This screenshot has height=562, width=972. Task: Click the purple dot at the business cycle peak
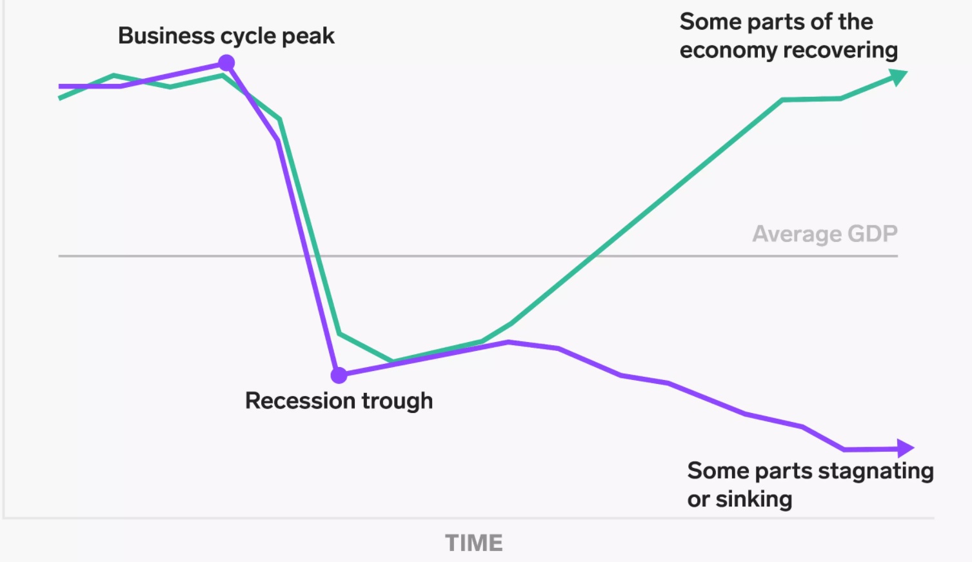coord(226,63)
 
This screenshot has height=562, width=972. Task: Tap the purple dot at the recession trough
coord(339,375)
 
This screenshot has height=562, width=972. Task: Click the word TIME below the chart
coord(474,543)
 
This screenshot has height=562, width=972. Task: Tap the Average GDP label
coord(825,234)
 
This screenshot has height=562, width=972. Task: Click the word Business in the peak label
coord(166,35)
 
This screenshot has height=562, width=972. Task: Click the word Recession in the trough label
coord(300,400)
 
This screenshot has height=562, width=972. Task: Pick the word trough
coord(397,401)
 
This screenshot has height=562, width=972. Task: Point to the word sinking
coord(754,499)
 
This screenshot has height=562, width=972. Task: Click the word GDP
coord(873,234)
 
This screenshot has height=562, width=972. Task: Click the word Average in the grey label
coord(797,234)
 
